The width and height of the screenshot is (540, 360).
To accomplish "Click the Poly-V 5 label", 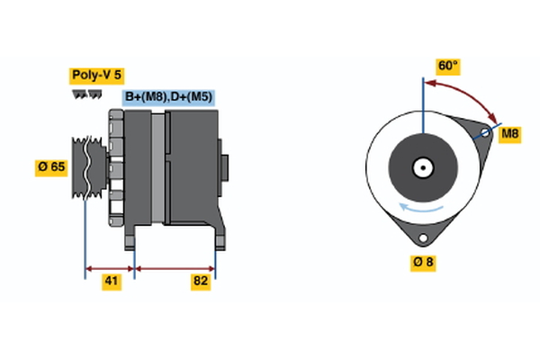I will point(95,76).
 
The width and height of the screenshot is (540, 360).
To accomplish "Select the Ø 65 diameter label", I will point(51,167).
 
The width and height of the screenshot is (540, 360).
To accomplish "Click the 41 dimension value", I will point(111,282).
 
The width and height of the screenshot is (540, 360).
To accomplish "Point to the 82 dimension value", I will point(201,282).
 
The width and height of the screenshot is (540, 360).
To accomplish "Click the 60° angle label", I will point(447,66).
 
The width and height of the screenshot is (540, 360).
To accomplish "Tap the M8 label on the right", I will point(509,134).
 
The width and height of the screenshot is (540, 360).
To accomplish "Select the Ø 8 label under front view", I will point(422,262).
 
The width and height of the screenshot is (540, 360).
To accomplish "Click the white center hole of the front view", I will point(421,167).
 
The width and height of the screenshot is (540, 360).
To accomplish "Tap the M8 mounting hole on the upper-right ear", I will point(484,133).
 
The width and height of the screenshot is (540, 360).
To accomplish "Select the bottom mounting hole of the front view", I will point(421,237).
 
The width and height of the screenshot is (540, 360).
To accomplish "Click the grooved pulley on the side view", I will point(86,167).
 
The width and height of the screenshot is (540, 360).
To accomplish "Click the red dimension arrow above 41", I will point(110,267).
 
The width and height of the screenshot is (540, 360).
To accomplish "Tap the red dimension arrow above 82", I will point(175,267).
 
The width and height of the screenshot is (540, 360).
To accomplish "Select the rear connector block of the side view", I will point(224,168).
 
